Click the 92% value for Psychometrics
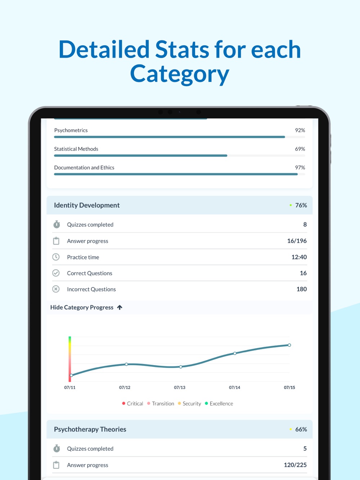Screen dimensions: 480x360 pos(300,130)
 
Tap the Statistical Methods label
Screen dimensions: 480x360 pos(76,149)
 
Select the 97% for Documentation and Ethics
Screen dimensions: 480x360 pos(300,168)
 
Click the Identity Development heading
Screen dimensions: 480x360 pos(87,205)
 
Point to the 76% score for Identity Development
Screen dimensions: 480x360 pos(301,205)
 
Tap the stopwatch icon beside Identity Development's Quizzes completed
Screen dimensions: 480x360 pos(57,225)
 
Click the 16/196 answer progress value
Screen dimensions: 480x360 pos(297,241)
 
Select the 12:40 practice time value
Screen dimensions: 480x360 pos(299,257)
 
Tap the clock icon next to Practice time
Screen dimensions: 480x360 pos(56,257)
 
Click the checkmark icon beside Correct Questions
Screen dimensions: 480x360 pos(56,273)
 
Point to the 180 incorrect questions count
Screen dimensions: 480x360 pos(301,289)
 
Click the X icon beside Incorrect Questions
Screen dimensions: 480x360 pos(56,289)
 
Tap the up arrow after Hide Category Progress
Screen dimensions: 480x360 pos(120,307)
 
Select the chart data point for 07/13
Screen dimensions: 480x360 pos(181,367)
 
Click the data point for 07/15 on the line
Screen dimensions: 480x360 pos(289,345)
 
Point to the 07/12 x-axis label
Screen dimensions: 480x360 pos(125,388)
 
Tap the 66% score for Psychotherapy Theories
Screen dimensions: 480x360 pos(301,429)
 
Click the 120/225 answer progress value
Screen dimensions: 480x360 pos(295,465)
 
